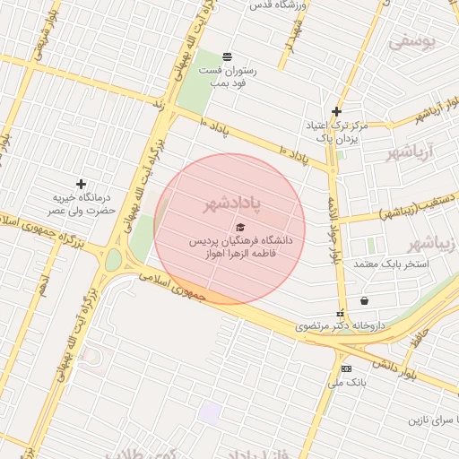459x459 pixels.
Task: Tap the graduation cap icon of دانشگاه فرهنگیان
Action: [x=239, y=227]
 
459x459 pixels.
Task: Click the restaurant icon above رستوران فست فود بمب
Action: [x=226, y=56]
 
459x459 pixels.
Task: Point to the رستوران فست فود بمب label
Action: [x=227, y=76]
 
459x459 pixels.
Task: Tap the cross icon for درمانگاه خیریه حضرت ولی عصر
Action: [x=81, y=184]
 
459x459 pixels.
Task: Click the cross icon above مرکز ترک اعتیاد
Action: [x=336, y=112]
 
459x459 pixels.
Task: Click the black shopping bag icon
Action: [x=364, y=300]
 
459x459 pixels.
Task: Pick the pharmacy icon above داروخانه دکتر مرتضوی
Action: [x=340, y=313]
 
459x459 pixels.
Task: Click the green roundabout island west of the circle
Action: [x=114, y=261]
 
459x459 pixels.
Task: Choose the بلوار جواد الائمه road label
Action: [x=334, y=229]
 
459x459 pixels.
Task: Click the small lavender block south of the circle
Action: [x=210, y=413]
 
